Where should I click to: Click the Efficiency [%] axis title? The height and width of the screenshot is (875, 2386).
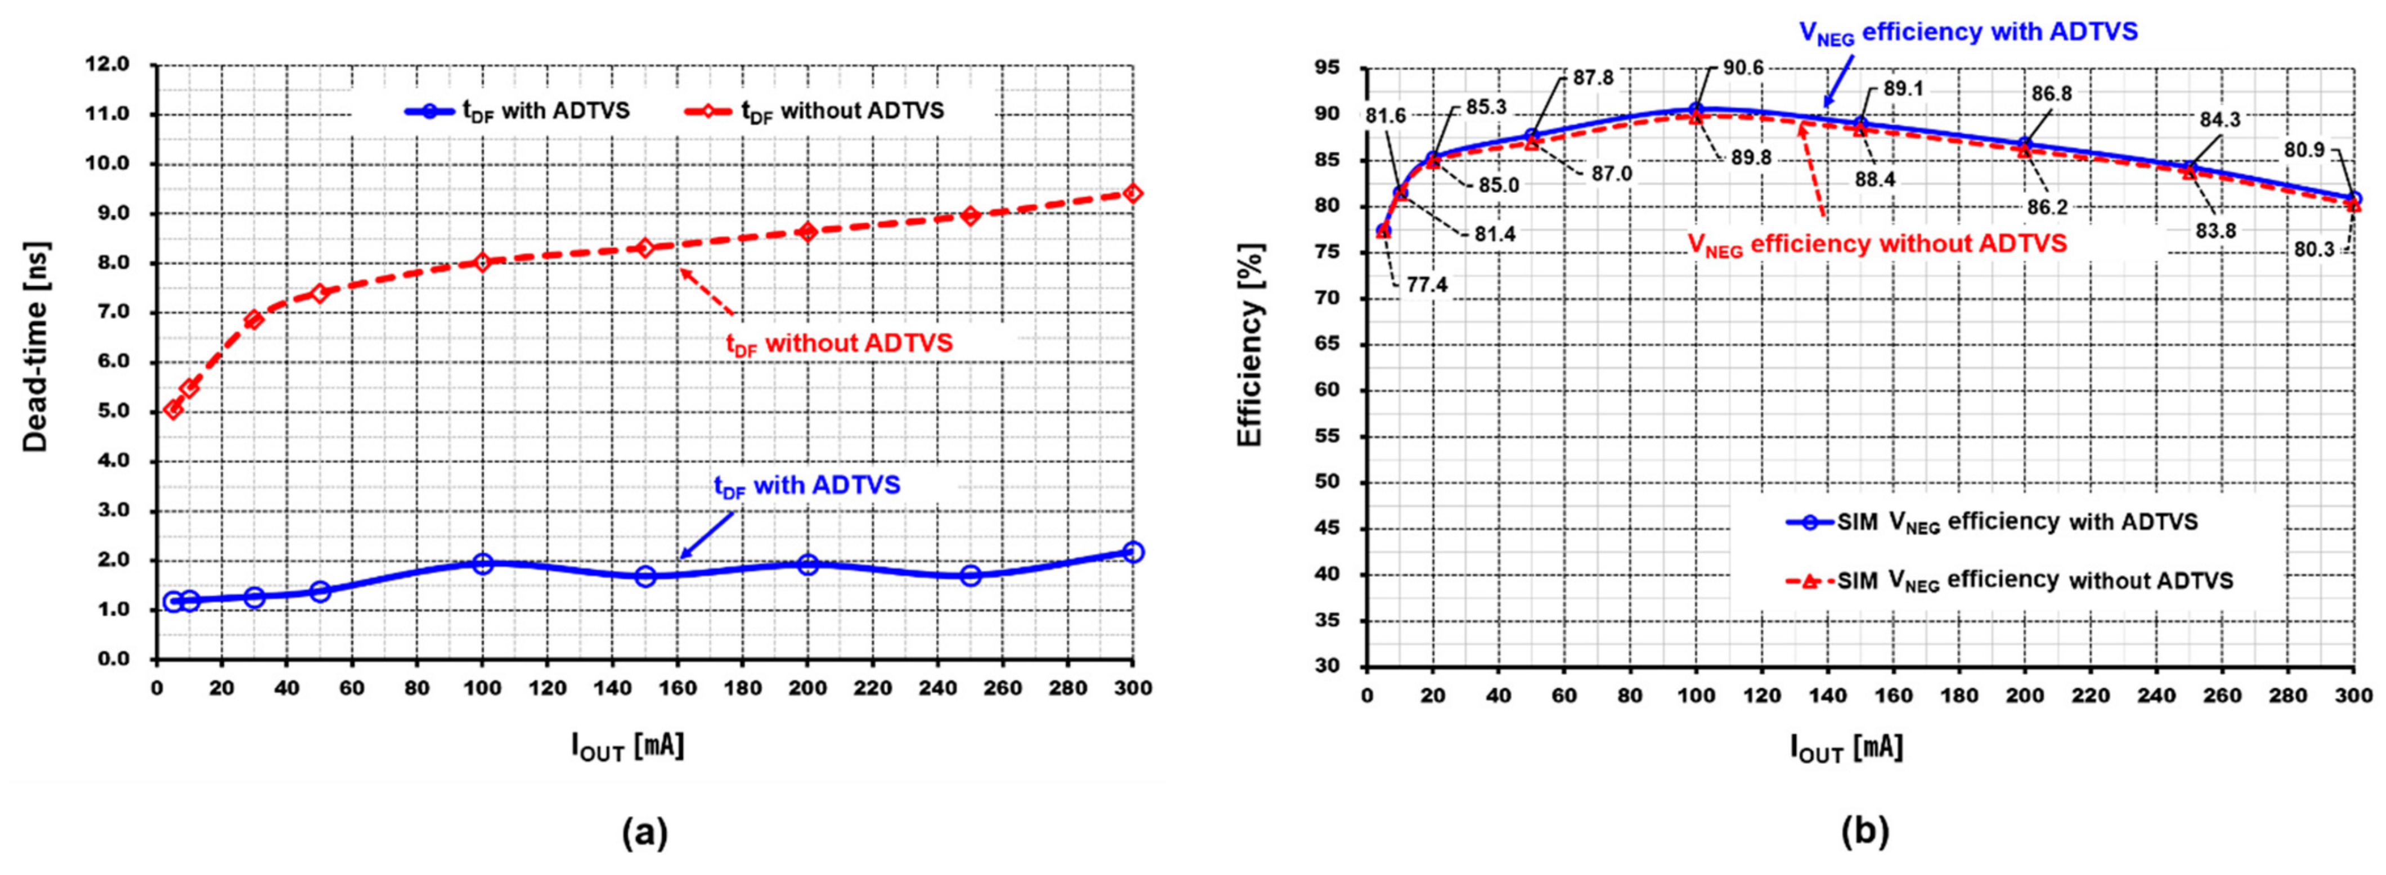[1250, 345]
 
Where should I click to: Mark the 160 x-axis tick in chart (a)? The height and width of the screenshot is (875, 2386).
[677, 688]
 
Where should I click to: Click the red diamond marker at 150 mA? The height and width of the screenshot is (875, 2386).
[645, 247]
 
